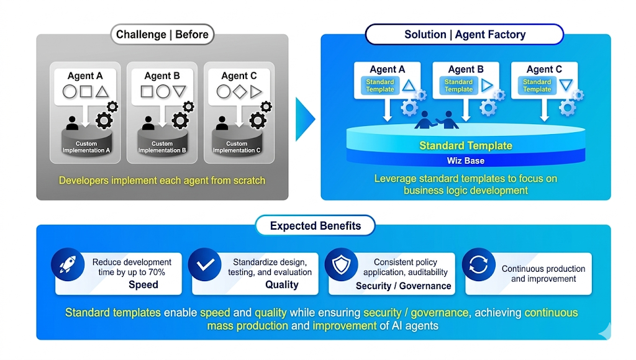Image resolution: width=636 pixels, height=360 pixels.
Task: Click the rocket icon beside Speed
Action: click(67, 265)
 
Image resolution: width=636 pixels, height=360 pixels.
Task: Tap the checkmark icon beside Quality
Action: click(204, 265)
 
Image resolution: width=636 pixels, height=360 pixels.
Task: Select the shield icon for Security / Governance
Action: click(341, 265)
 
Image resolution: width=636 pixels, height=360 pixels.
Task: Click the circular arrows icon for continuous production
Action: click(478, 265)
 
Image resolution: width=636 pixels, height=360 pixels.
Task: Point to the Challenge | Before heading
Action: click(162, 35)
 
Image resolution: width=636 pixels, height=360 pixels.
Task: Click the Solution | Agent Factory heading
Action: click(465, 35)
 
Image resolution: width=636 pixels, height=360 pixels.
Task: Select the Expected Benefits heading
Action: click(315, 226)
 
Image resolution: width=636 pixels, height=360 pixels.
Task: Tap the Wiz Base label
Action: click(465, 161)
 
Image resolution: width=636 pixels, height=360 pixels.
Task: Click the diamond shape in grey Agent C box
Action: click(240, 92)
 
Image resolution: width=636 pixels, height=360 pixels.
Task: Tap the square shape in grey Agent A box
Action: click(86, 92)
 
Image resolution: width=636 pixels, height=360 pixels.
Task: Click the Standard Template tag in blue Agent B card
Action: click(458, 86)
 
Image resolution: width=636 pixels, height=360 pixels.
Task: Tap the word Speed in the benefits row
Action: click(143, 285)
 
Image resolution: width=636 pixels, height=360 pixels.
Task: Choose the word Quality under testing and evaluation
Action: click(281, 285)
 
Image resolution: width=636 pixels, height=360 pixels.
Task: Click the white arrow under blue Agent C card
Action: click(545, 110)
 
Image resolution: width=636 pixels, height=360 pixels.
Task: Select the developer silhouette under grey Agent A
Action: click(72, 123)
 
